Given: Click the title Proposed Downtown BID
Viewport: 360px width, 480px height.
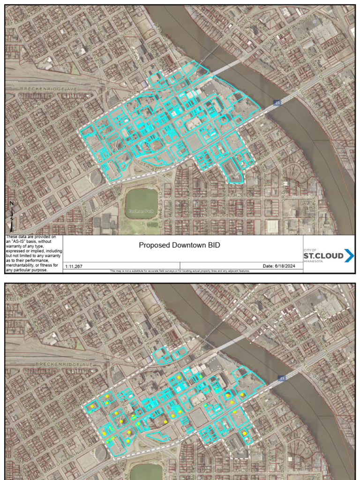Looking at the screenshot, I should (180, 245).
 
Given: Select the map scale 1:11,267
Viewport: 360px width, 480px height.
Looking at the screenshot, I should (74, 266).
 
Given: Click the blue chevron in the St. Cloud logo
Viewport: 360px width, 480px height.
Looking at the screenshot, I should (349, 256).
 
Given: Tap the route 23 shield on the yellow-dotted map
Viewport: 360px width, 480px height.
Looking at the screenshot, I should (281, 378).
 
